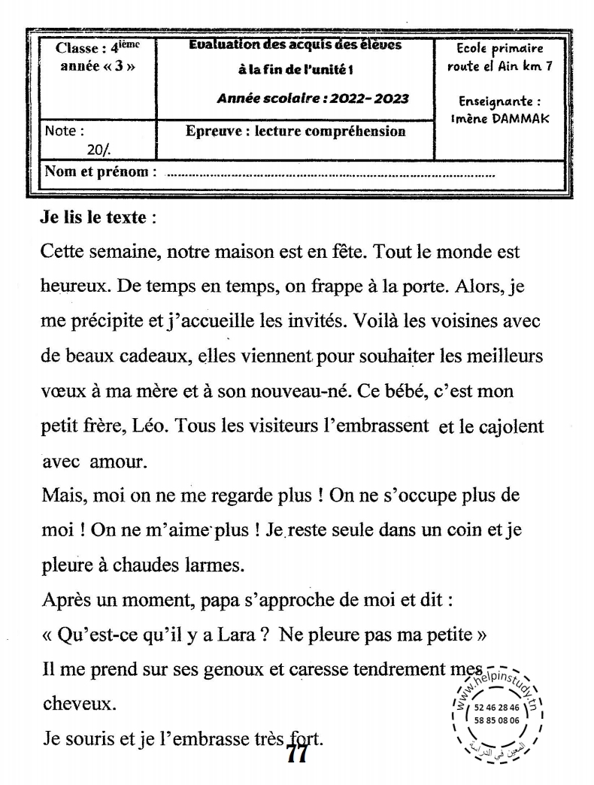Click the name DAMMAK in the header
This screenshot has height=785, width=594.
[521, 119]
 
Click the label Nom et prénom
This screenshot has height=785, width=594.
[101, 171]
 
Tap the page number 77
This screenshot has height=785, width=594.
[297, 753]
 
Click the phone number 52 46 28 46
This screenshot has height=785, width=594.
[497, 708]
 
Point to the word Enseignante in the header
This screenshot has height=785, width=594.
[499, 102]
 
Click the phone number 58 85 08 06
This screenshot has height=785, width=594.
[497, 719]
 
